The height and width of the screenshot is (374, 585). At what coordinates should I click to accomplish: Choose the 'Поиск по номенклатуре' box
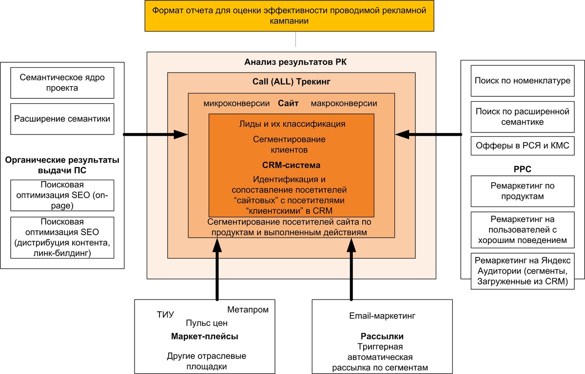coord(523,80)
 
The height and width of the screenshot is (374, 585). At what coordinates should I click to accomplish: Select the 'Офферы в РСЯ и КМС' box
coord(523,146)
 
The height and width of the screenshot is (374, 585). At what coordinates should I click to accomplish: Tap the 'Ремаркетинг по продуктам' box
coord(523,191)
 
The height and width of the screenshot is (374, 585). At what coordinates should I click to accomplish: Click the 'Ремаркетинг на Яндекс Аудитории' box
coord(523,271)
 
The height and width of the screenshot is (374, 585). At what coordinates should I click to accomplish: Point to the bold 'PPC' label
coord(523,169)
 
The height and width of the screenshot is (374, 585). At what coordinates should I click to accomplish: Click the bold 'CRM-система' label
coord(291,165)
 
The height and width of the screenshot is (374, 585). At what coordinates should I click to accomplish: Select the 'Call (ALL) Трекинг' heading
coord(292,82)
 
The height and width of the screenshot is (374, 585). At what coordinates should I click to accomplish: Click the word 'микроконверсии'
coord(237,103)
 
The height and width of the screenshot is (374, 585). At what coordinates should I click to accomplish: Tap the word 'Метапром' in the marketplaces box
coord(248,310)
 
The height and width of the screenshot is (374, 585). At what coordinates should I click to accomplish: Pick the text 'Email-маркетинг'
coord(382,316)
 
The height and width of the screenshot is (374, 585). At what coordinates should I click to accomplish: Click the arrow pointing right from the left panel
coord(156,134)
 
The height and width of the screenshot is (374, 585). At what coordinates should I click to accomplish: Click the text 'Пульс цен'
coord(207,323)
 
